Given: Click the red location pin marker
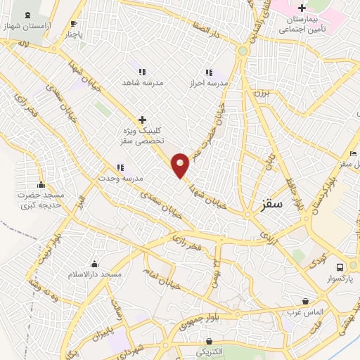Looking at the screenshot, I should pos(181,165).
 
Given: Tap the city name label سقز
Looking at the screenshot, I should pos(270,205).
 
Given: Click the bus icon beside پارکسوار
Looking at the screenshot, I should pos(340,267).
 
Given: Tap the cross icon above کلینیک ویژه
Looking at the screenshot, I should pos(142,120).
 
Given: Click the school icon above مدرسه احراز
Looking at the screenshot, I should pos(208,72).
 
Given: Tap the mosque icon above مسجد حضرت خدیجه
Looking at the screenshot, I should pos(41,184).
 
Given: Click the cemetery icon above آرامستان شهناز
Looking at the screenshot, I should pos(27,15).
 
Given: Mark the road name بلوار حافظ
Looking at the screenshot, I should pos(290,191).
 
